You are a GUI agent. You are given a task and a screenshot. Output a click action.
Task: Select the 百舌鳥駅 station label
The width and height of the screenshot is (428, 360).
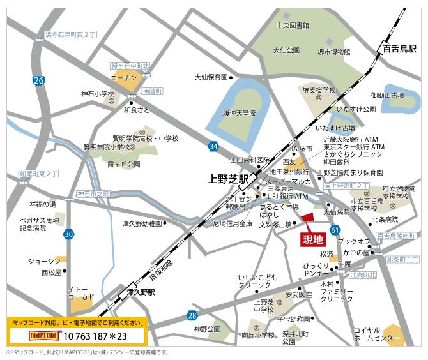[399, 49]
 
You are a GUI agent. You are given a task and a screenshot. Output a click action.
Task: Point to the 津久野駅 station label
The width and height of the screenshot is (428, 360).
[142, 292]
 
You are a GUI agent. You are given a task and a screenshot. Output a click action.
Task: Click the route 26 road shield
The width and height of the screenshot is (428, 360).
[40, 80]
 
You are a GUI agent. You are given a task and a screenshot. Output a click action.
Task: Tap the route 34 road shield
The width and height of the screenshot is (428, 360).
[213, 147]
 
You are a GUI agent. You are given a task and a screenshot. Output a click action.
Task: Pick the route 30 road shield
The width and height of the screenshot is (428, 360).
[68, 235]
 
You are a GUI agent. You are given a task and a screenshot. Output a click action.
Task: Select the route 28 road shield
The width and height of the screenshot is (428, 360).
[192, 315]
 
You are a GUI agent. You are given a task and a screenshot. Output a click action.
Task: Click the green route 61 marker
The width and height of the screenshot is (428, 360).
[335, 229]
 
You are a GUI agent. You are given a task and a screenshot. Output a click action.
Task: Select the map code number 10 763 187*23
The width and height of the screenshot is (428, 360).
[96, 335]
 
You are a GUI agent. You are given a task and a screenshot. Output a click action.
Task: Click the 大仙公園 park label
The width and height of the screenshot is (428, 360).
[286, 50]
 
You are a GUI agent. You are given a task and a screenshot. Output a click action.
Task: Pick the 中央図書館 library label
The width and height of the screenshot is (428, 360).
[293, 26]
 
